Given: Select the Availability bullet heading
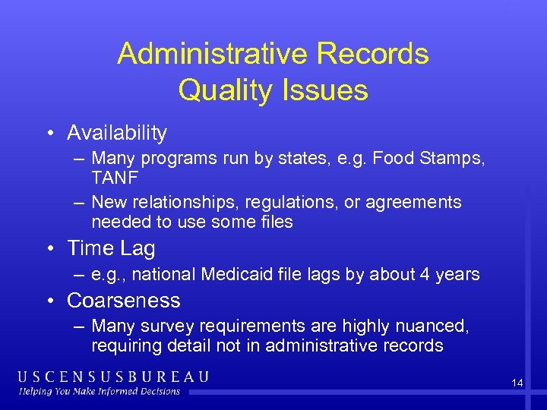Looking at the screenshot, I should pyautogui.click(x=117, y=133).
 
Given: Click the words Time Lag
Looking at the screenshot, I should pyautogui.click(x=111, y=248).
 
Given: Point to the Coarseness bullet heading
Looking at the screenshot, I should pyautogui.click(x=124, y=301).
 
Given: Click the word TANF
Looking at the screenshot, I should pyautogui.click(x=114, y=176).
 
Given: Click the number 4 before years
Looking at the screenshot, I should pyautogui.click(x=427, y=274).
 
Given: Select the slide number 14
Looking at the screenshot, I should pyautogui.click(x=517, y=383).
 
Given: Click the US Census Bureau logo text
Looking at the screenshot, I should pyautogui.click(x=113, y=377).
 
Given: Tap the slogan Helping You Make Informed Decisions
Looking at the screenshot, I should pyautogui.click(x=99, y=392).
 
